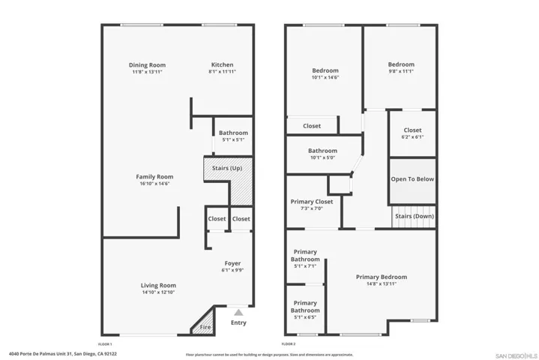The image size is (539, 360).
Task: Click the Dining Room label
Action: pos(148,65)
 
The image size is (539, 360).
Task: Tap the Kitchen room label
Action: pos(222,65)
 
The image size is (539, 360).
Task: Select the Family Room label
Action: pos(154,177)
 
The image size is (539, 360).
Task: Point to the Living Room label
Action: pos(158,285)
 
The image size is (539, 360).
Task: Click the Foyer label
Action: pos(232,263)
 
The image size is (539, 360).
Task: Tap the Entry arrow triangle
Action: pos(238,312)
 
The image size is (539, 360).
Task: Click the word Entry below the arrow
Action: pos(238,323)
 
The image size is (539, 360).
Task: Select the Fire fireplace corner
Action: pos(204,327)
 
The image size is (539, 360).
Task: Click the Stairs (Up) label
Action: pos(227,168)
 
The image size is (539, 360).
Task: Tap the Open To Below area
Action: pos(412,179)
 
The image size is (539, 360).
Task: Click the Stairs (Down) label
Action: pos(414,216)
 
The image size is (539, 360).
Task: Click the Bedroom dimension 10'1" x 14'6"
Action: pos(325,77)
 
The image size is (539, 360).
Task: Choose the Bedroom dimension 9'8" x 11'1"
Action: pos(401,72)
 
